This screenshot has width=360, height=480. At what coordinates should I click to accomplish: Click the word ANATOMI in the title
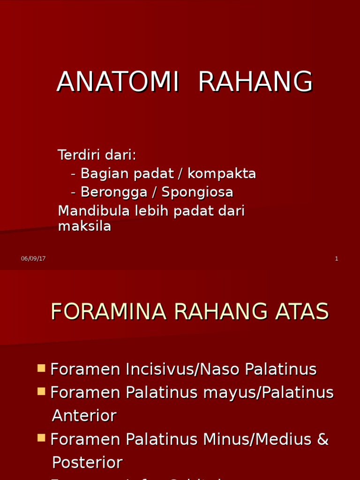click(x=118, y=82)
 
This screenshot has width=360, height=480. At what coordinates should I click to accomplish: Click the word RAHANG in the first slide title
click(x=255, y=82)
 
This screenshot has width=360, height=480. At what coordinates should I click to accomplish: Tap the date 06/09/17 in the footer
click(x=33, y=259)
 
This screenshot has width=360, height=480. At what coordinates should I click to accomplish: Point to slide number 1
click(x=337, y=259)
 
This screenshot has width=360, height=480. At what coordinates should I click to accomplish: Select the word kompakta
click(x=222, y=174)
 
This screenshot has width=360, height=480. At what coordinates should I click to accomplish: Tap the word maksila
click(x=84, y=226)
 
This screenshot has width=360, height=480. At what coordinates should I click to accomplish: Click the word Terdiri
click(x=77, y=155)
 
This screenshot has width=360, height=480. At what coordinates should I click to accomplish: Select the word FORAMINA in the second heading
click(x=108, y=312)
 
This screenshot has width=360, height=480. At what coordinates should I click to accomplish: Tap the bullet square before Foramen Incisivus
click(x=41, y=368)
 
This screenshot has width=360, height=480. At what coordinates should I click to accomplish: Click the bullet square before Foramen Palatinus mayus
click(x=41, y=391)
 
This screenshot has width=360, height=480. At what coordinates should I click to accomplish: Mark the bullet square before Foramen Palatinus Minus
click(x=41, y=438)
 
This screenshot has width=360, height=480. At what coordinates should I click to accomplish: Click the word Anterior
click(x=84, y=416)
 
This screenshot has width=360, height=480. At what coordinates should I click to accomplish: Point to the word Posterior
click(x=87, y=463)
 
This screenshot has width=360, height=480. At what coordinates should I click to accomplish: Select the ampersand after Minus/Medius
click(x=323, y=440)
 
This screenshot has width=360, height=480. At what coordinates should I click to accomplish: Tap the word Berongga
click(x=110, y=192)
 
